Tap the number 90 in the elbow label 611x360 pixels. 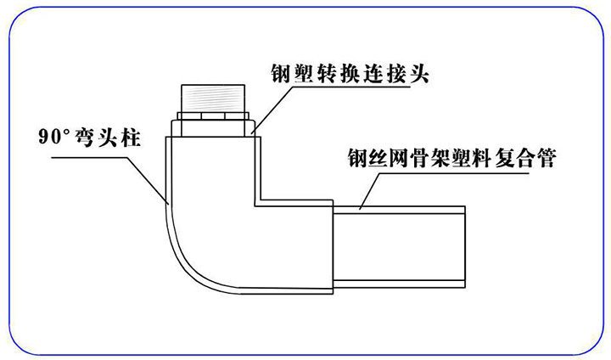pos(52,135)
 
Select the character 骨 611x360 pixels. pos(428,158)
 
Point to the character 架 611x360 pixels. pos(451,158)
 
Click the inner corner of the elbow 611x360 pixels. pos(254,204)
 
